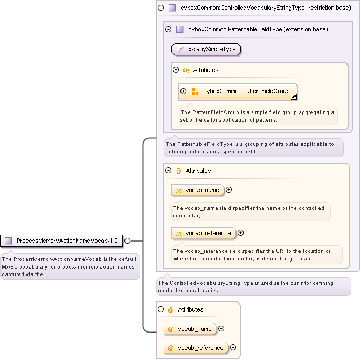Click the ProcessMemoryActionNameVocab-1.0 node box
[62, 241]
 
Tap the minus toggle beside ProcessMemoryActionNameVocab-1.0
[128, 241]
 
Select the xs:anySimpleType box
[206, 49]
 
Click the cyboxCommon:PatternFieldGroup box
[238, 91]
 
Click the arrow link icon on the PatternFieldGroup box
[294, 97]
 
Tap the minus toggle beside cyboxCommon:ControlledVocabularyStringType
[161, 8]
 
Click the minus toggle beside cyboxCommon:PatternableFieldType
[168, 29]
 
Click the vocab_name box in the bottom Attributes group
[190, 329]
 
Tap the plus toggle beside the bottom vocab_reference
[233, 348]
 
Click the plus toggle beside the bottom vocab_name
[221, 329]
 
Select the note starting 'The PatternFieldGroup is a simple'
[258, 116]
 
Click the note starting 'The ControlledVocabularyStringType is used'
[253, 286]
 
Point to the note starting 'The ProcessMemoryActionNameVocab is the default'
[70, 266]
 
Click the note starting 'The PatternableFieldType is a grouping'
[253, 147]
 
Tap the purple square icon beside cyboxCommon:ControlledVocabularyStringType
[172, 8]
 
